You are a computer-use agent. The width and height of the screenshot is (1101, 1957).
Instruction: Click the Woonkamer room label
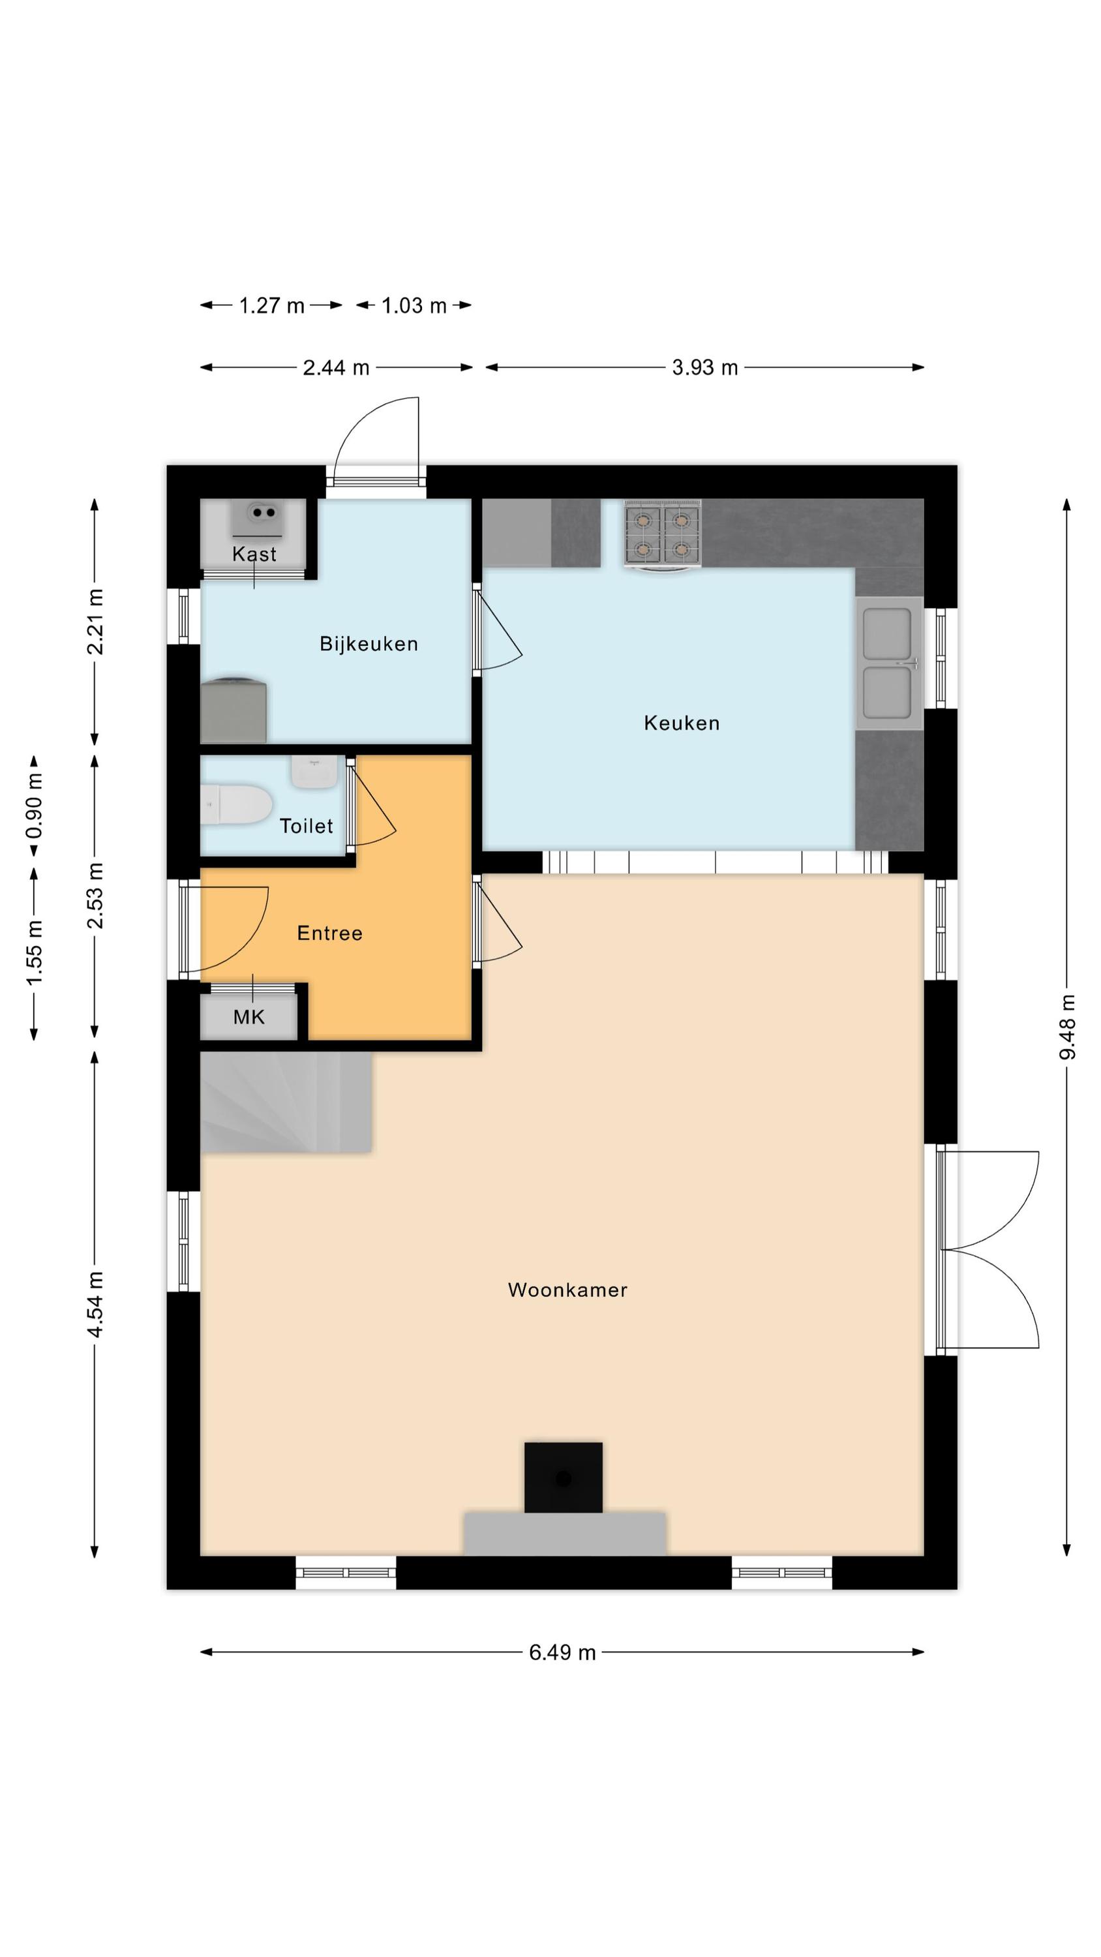click(x=567, y=1289)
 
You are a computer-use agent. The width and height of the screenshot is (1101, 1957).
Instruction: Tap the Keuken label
click(x=681, y=723)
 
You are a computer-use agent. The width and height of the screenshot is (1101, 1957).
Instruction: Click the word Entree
click(x=329, y=933)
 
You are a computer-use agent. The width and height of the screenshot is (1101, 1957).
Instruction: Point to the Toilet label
click(x=305, y=826)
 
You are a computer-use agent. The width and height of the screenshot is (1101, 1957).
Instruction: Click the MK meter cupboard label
click(x=249, y=1017)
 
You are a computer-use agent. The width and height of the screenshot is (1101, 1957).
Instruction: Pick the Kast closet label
click(x=254, y=554)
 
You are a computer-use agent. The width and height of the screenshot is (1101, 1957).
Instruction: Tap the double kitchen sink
click(x=888, y=663)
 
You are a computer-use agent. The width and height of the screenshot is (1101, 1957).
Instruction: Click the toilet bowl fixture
click(x=237, y=805)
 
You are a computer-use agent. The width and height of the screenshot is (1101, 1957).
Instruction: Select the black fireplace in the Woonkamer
click(x=563, y=1478)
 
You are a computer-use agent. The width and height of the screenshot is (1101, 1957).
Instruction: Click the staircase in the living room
click(x=285, y=1102)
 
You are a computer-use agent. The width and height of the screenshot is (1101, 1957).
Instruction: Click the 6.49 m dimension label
click(x=562, y=1652)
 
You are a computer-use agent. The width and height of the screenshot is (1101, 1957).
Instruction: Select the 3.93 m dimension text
click(x=704, y=368)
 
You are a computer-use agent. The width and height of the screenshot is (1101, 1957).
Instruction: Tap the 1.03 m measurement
click(x=414, y=305)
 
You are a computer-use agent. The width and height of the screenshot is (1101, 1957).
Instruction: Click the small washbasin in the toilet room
click(x=314, y=772)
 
